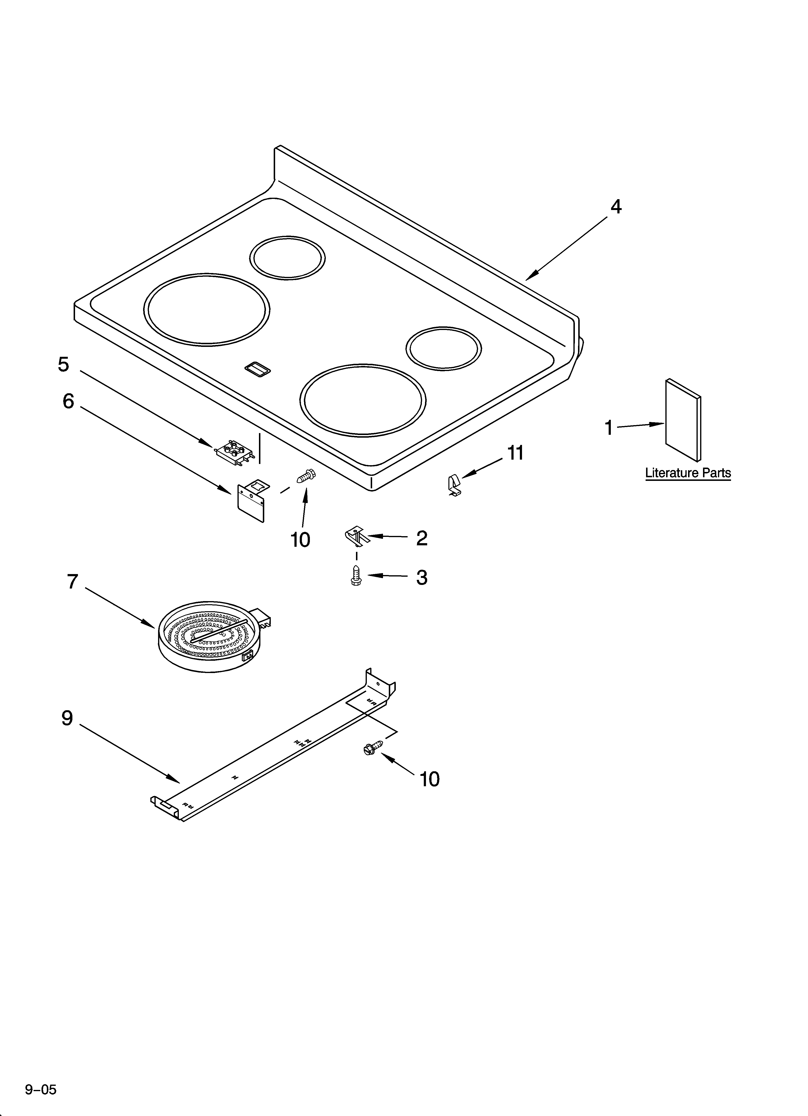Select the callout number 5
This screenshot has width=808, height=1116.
click(x=63, y=365)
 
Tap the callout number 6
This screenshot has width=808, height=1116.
click(x=68, y=401)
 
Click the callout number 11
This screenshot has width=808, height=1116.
click(x=515, y=453)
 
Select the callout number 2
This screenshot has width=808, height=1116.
click(x=422, y=538)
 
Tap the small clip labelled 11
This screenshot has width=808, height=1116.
click(x=454, y=485)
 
